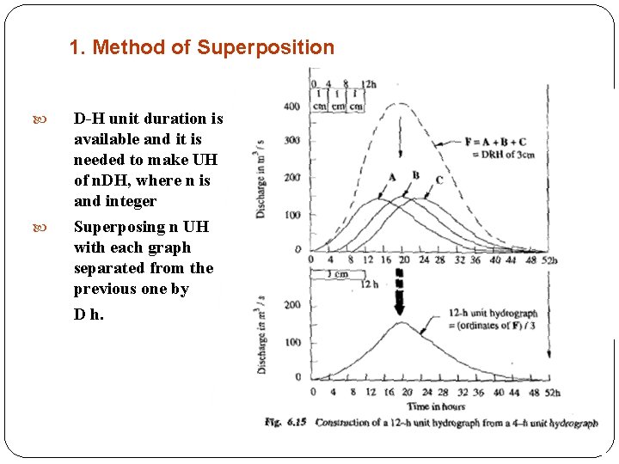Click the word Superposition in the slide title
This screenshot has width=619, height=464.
[266, 47]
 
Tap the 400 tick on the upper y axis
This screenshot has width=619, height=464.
[292, 107]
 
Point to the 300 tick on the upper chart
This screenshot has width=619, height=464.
[292, 141]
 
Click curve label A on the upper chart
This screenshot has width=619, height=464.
[392, 177]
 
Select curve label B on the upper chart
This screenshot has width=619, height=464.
[416, 175]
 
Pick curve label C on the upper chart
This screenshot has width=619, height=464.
[439, 180]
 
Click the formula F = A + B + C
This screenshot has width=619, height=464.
[496, 142]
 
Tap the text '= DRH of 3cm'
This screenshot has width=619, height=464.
[502, 154]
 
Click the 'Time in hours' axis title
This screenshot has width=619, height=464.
[436, 406]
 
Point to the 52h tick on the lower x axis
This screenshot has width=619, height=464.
[551, 393]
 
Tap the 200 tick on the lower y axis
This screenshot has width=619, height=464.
[292, 305]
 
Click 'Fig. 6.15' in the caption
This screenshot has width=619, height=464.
[286, 422]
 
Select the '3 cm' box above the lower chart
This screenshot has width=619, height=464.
[330, 273]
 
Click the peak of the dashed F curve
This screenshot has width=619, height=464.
[398, 104]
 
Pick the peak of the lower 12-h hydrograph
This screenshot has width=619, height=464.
[401, 323]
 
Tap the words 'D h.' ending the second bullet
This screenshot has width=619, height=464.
[89, 314]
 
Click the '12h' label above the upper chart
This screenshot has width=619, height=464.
[368, 84]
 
